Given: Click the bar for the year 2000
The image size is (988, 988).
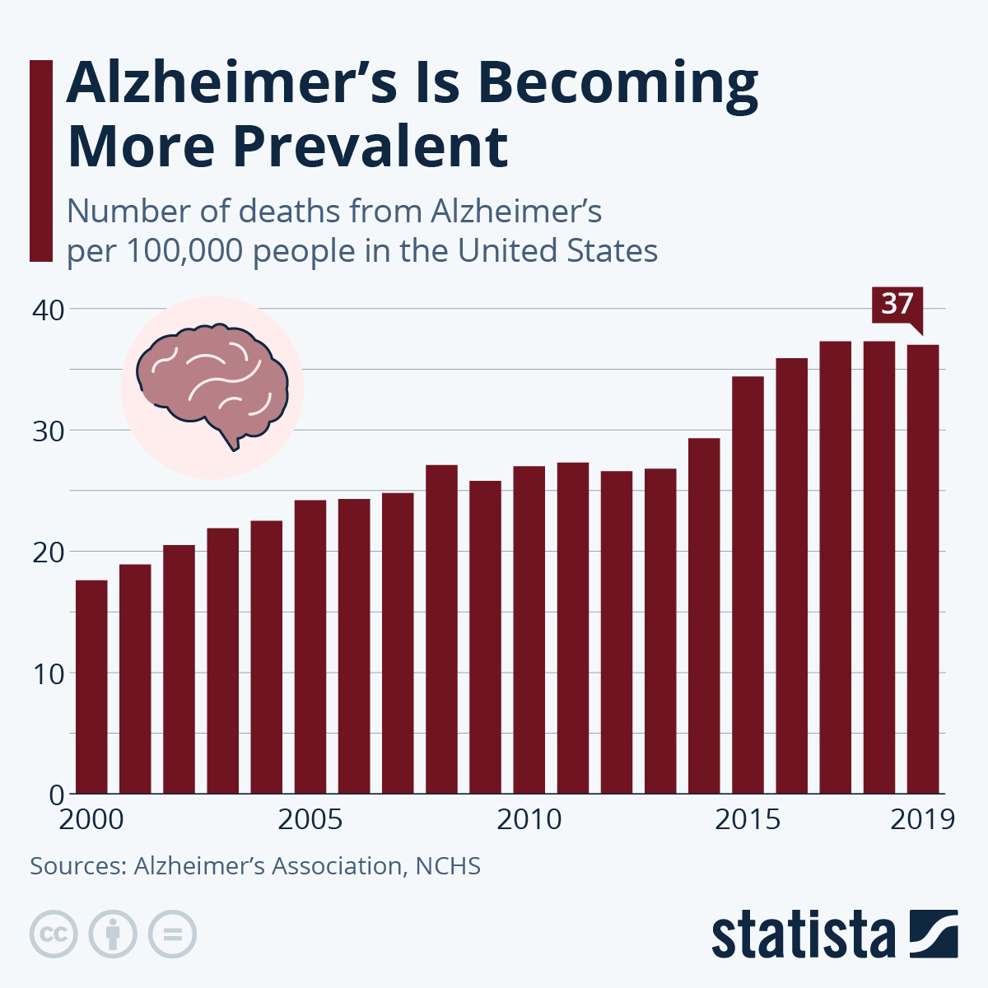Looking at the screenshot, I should point(91,687).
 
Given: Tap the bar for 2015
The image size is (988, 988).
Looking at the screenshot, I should point(748,585).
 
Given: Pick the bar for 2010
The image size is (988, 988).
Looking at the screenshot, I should point(529,630).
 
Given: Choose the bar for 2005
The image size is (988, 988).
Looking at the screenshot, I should point(310,647).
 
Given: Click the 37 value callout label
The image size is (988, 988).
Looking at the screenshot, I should point(897,304).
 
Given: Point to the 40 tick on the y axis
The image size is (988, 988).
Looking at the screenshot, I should point(48,310).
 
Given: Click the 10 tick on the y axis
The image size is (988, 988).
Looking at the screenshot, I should point(48,673).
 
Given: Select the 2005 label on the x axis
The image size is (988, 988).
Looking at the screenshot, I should point(310,820).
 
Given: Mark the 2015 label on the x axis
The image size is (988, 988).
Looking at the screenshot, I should point(747,820).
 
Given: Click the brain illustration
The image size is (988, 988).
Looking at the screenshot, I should point(212,385).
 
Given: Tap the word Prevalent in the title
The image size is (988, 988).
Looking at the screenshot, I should point(370,147).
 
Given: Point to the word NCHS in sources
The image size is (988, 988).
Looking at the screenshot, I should point(448,866).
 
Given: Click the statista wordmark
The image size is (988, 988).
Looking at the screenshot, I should point(803,935).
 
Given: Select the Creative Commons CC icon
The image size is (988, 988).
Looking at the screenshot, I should point(54,934).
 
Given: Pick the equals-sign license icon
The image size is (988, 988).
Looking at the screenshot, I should point(172,934).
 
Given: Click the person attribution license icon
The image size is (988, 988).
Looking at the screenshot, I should point(113,934).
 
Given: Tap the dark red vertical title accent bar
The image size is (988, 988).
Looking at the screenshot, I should point(40,161).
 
